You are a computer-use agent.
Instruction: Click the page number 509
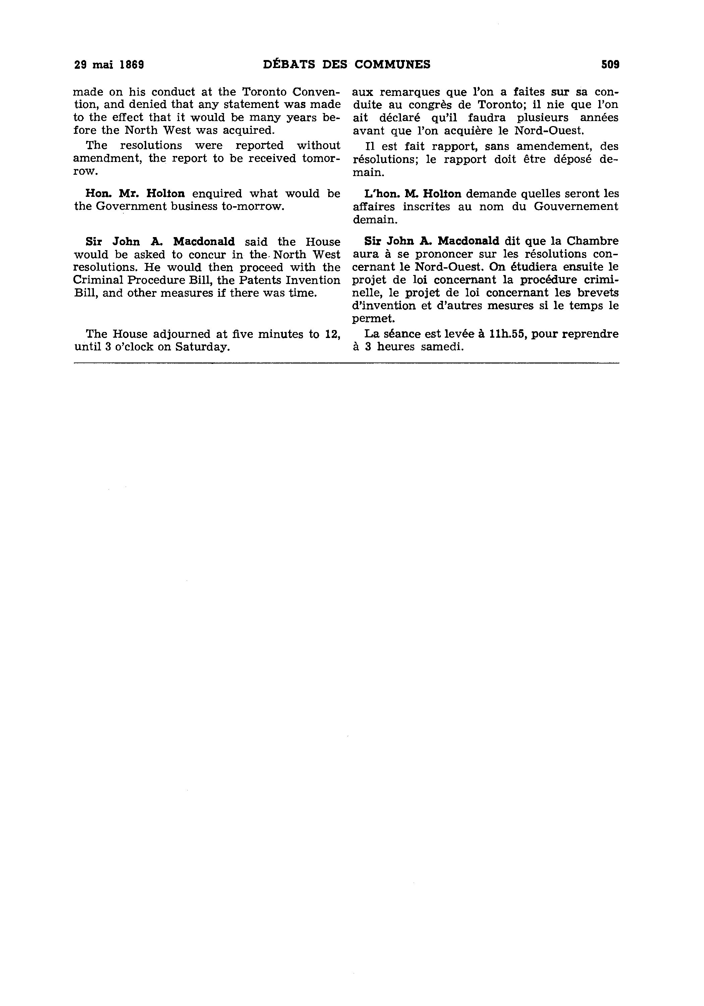pyautogui.click(x=610, y=65)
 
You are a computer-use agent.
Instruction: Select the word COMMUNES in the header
pyautogui.click(x=392, y=65)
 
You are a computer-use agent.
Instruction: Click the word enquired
pyautogui.click(x=217, y=194)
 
